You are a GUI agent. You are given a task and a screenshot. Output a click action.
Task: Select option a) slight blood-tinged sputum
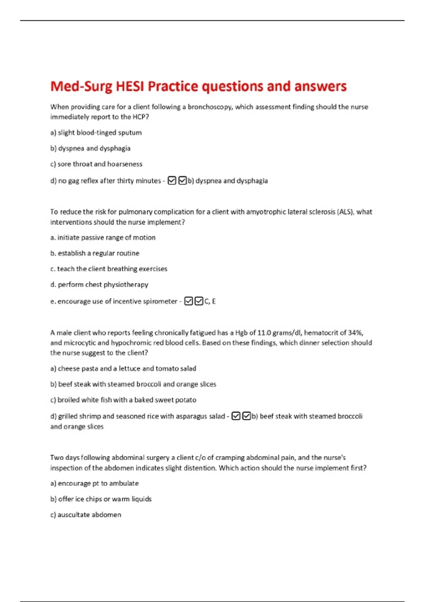pyautogui.click(x=96, y=133)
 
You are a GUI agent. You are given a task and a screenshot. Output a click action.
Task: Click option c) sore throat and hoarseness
pyautogui.click(x=96, y=164)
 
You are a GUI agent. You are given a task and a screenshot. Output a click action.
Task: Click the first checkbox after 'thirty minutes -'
pyautogui.click(x=172, y=181)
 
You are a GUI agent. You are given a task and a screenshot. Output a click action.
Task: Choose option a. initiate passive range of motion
pyautogui.click(x=103, y=238)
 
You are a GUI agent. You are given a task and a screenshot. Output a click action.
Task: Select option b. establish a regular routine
pyautogui.click(x=95, y=253)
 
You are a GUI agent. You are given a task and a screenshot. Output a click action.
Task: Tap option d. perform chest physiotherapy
pyautogui.click(x=99, y=284)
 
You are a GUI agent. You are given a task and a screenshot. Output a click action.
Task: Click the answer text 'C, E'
pyautogui.click(x=210, y=301)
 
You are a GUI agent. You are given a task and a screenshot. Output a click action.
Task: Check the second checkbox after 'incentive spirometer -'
pyautogui.click(x=199, y=301)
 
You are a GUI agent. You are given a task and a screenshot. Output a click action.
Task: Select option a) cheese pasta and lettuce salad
pyautogui.click(x=123, y=369)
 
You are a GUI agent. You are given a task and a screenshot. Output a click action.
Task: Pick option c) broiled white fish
pyautogui.click(x=123, y=400)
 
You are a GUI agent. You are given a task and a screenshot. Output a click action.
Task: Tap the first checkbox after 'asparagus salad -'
pyautogui.click(x=236, y=416)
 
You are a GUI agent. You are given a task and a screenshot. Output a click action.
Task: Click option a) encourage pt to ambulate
pyautogui.click(x=95, y=483)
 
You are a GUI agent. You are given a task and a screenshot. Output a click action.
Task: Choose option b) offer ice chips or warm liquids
pyautogui.click(x=101, y=499)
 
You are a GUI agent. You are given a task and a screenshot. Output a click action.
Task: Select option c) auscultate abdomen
pyautogui.click(x=86, y=515)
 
